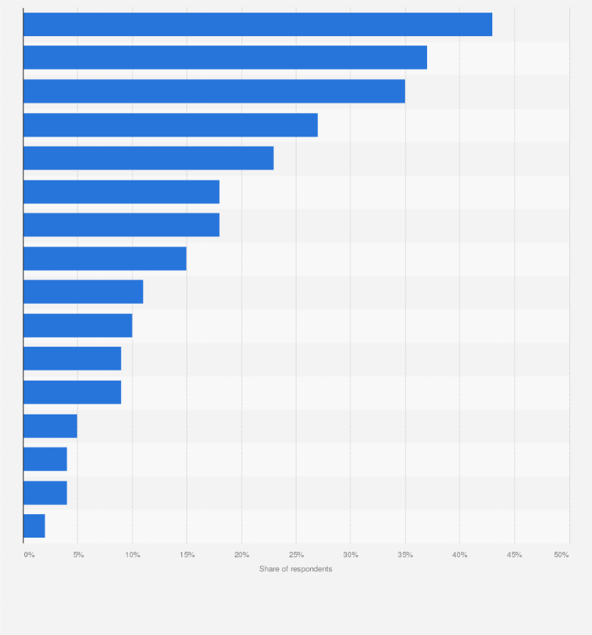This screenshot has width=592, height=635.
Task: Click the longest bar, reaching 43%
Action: click(258, 24)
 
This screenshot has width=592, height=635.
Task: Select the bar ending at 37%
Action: click(225, 57)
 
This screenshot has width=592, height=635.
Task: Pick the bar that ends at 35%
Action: click(214, 91)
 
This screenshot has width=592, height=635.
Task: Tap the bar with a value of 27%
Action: click(170, 125)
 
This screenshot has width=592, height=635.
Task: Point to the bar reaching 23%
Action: click(148, 158)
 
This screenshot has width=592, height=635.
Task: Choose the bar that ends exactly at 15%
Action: click(104, 258)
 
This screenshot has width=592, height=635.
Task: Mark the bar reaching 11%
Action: click(83, 292)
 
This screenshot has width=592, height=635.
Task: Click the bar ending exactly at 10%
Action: click(78, 325)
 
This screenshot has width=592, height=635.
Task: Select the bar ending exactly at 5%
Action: click(50, 425)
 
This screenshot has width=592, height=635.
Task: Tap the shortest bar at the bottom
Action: click(34, 526)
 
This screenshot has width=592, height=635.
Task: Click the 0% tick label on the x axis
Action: click(29, 555)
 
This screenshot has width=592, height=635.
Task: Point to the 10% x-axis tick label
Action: click(133, 555)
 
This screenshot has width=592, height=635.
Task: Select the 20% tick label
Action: click(242, 555)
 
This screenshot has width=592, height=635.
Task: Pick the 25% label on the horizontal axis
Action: click(296, 555)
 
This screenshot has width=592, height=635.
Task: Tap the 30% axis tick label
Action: click(351, 555)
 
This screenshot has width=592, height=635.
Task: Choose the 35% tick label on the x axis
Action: click(405, 555)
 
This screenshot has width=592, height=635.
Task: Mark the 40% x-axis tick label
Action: click(460, 555)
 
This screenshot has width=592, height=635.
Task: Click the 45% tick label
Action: click(514, 555)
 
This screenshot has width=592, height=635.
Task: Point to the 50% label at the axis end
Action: click(561, 555)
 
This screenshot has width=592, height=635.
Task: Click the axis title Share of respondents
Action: click(296, 569)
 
